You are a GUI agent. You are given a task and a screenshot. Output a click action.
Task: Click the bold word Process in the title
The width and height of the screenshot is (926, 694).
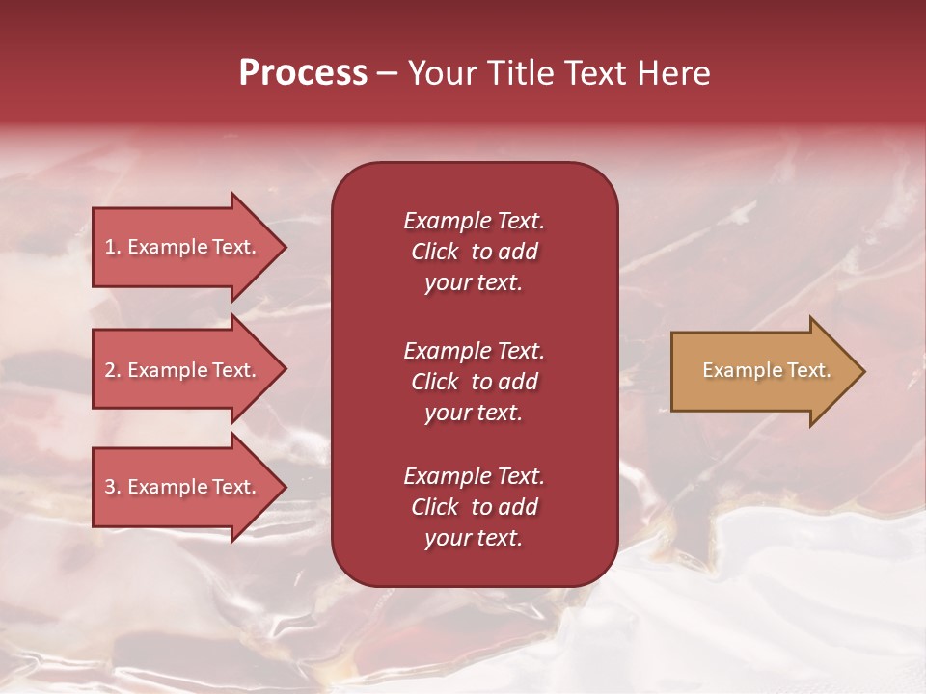(303, 73)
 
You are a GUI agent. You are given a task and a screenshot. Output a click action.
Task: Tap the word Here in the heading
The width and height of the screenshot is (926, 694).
(674, 73)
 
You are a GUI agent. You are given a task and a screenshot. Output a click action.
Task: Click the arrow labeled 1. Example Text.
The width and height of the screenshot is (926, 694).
(183, 247)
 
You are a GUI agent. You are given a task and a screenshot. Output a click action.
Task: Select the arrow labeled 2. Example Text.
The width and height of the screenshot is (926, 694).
(183, 370)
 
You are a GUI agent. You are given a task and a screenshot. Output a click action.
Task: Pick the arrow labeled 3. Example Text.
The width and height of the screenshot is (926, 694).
(183, 487)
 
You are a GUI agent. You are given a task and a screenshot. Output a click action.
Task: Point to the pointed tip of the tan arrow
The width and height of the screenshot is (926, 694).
(863, 371)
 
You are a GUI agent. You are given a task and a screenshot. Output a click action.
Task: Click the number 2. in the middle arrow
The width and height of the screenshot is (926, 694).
(113, 370)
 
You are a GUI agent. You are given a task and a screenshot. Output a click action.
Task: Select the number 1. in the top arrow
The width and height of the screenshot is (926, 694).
(113, 247)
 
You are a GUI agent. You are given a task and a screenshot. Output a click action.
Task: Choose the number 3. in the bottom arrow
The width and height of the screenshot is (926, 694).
(113, 487)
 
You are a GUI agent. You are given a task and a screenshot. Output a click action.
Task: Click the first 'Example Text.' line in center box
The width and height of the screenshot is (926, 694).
(474, 221)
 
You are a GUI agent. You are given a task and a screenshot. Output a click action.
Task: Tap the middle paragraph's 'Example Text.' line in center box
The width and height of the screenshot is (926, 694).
(474, 351)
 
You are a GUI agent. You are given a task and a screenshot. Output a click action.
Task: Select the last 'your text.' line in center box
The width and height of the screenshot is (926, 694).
(474, 539)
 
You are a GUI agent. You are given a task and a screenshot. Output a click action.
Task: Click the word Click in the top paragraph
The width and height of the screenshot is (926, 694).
(434, 252)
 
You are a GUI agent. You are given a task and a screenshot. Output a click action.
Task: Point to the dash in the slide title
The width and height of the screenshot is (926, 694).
(387, 73)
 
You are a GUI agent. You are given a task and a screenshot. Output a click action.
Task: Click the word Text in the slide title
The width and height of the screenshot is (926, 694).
(598, 73)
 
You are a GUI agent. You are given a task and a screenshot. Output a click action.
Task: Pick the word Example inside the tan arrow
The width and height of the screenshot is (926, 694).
(734, 370)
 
